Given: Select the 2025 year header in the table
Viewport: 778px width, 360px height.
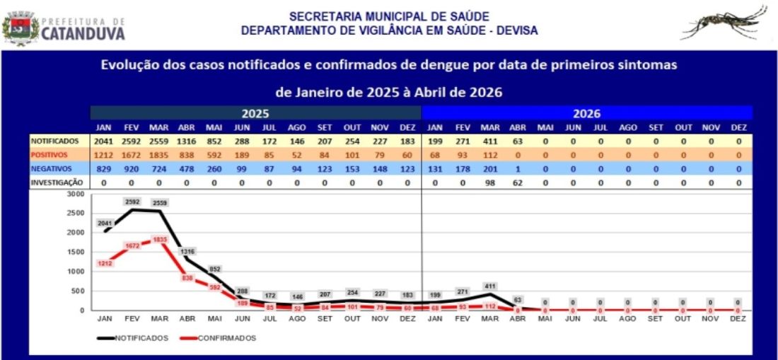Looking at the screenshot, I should point(255,113).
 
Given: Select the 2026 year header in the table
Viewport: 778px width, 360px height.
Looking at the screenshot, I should point(586,113).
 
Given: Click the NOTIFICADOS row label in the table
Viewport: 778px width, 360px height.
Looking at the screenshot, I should point(54,141).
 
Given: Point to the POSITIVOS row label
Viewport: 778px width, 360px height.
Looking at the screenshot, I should point(50,155).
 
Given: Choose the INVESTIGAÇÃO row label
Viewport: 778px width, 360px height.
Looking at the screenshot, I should point(57,182).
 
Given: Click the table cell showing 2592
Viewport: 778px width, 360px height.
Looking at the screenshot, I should point(132,141).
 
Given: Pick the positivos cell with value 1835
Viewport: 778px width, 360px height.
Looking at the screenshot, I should point(159,155).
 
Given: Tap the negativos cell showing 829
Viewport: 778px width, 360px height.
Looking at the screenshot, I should point(104,168).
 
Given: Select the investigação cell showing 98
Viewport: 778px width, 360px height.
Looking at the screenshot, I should point(490,182).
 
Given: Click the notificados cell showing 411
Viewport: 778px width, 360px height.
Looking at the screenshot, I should point(490,141).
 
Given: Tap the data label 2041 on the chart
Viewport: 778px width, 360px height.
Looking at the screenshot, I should point(105,223).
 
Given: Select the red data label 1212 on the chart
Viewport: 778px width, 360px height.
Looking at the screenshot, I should point(105,263).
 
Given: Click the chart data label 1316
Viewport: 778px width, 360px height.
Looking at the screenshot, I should point(187,251).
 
